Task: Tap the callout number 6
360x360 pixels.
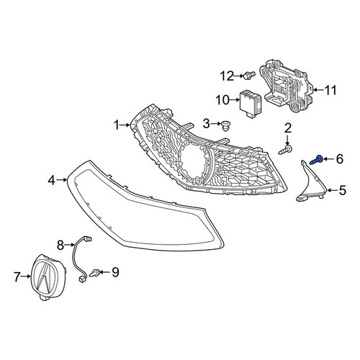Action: coord(339,159)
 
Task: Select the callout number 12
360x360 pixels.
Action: coord(227,76)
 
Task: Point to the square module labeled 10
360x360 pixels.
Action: coord(251,104)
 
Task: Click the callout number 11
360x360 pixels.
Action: coord(330,90)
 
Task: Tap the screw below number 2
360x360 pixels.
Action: coord(285,150)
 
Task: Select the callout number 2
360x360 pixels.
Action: coord(288,128)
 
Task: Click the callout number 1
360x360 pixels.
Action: coord(117,125)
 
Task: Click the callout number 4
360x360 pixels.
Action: coord(52,180)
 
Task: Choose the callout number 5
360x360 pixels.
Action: coord(343,190)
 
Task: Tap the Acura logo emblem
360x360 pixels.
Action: coord(49,277)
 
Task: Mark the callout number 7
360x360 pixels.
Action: coord(17,276)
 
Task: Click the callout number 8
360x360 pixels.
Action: coord(60,245)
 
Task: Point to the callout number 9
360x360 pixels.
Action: coord(115,272)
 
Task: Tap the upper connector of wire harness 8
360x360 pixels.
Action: coord(89,239)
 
